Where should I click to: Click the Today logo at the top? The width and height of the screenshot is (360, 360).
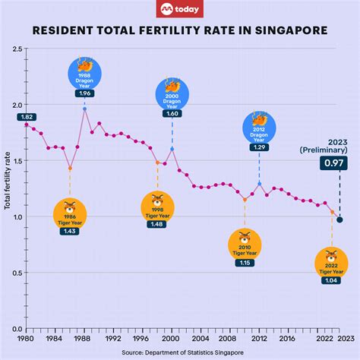point(180,10)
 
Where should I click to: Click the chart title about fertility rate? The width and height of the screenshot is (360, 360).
point(180,32)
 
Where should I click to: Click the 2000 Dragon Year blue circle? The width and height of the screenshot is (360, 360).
point(172,93)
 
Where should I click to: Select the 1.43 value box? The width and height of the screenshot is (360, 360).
point(69,230)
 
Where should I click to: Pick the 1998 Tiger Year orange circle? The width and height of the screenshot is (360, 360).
point(157,206)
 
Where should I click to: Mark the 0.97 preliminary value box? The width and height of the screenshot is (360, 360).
point(331,163)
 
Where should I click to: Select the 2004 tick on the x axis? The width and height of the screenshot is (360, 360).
point(201,338)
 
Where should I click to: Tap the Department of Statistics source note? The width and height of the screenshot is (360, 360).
point(180,352)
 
